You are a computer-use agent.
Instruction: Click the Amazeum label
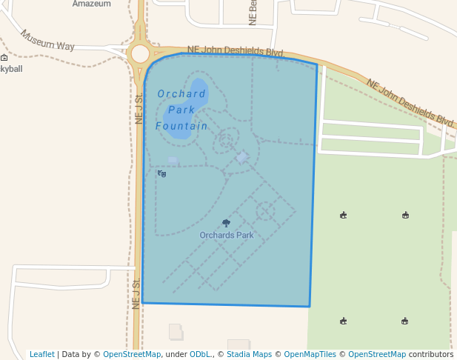(x=91, y=4)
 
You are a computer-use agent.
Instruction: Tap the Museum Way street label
(x=47, y=40)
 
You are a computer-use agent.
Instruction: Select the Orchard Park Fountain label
(x=181, y=110)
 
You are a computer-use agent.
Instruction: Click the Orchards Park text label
(x=227, y=236)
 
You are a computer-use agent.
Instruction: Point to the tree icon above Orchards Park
(x=226, y=223)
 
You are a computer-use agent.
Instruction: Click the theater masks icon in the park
(x=162, y=174)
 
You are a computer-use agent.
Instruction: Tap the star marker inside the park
(x=242, y=157)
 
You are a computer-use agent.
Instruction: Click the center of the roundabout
(x=139, y=53)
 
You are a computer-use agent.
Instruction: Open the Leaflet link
(x=42, y=354)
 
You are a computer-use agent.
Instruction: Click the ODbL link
(x=199, y=354)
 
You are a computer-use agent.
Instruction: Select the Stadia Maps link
(x=249, y=354)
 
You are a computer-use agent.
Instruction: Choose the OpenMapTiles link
(x=310, y=354)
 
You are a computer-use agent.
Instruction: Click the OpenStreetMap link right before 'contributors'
(x=376, y=354)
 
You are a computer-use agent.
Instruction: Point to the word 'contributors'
(x=430, y=354)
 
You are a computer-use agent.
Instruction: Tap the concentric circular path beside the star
(x=225, y=140)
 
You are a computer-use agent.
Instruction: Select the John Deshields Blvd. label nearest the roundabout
(x=236, y=51)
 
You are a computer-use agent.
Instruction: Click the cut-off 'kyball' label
(x=11, y=69)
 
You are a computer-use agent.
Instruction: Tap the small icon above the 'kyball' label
(x=4, y=58)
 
